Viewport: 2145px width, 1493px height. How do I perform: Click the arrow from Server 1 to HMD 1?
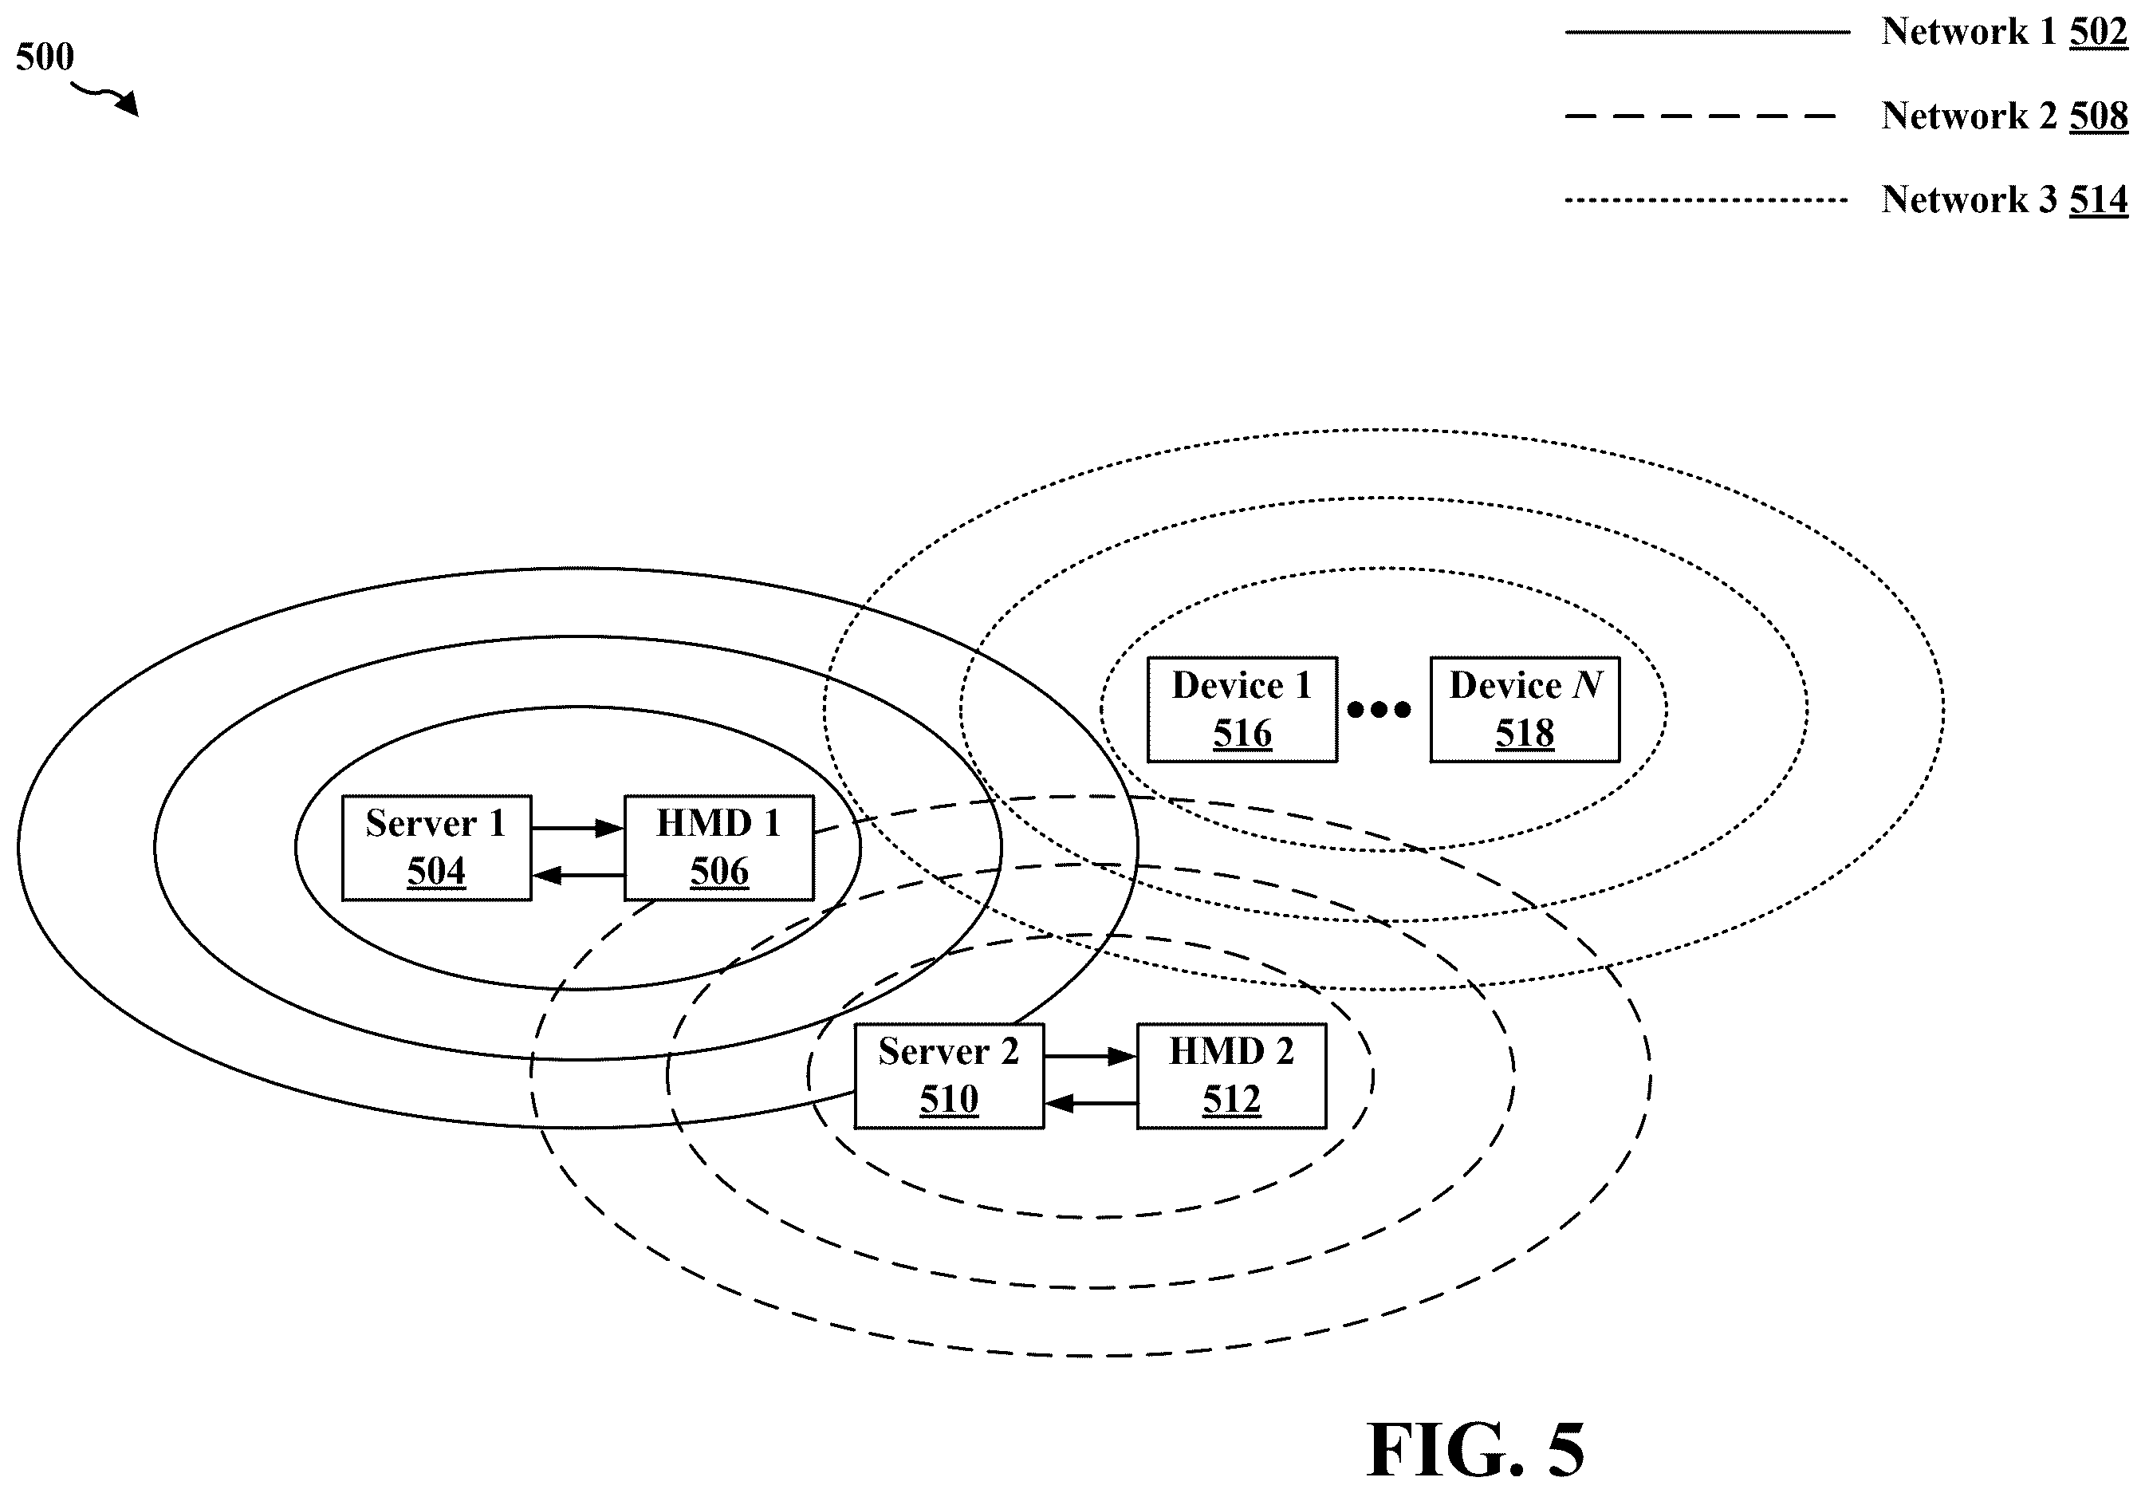577,828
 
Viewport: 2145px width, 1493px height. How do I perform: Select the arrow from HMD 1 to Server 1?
577,876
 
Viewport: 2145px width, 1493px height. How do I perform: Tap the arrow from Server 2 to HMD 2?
1090,1056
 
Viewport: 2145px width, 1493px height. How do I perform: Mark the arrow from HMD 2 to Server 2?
1090,1103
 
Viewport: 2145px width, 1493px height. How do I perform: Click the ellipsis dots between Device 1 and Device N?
1379,710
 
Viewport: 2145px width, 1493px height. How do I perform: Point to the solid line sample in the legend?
1708,32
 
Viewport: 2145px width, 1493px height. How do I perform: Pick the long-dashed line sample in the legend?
1700,116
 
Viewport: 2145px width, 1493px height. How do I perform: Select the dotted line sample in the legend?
1706,199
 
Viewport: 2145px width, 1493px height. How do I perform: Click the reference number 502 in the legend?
2098,33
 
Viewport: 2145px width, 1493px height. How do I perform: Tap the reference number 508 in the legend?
2098,116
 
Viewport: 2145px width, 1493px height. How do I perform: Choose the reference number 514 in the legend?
2098,200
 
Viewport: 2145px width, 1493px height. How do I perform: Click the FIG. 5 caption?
1475,1449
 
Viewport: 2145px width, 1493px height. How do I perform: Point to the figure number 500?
45,57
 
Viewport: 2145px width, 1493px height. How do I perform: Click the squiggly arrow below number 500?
104,97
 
